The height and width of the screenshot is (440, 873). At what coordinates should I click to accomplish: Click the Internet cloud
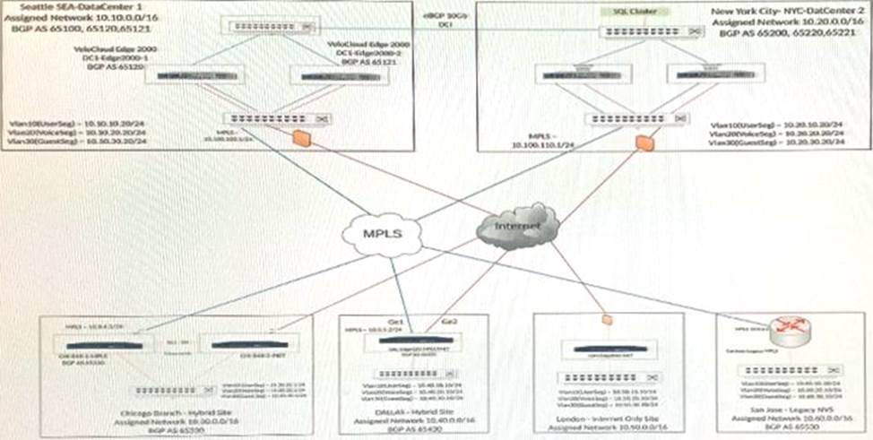point(518,225)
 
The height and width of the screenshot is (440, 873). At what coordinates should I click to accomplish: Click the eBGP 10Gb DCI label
point(444,20)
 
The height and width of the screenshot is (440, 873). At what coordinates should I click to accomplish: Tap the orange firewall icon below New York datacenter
point(642,141)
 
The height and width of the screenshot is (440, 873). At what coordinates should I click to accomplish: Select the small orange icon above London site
point(606,318)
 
